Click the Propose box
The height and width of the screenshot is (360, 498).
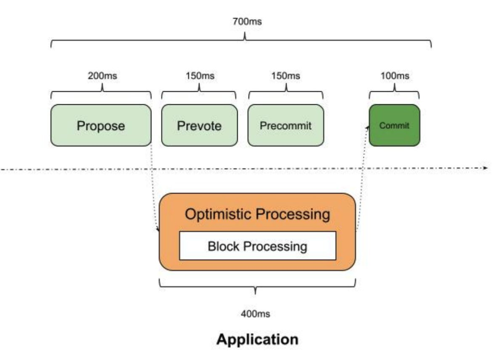[x=101, y=125]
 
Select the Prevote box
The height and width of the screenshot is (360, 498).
[x=199, y=125]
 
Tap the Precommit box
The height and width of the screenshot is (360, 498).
[x=286, y=125]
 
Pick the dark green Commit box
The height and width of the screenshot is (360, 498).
[x=394, y=125]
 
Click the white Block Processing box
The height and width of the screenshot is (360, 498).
[x=257, y=246]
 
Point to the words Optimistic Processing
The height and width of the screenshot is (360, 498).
[x=257, y=214]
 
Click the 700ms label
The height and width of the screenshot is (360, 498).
[x=247, y=22]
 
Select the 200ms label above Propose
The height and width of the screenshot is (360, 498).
[x=102, y=76]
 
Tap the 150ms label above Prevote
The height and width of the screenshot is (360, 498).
[x=200, y=76]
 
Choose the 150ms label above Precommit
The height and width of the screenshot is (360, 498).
[x=285, y=76]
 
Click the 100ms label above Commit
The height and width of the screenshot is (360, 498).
[x=395, y=76]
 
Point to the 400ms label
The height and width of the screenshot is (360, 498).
[x=256, y=314]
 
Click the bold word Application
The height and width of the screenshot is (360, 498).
[x=257, y=339]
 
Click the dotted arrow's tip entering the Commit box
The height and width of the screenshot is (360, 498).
[x=369, y=127]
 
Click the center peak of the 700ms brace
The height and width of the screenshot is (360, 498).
[x=245, y=33]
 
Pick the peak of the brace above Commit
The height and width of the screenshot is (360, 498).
[x=394, y=84]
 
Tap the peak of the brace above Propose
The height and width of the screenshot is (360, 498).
[x=102, y=84]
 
